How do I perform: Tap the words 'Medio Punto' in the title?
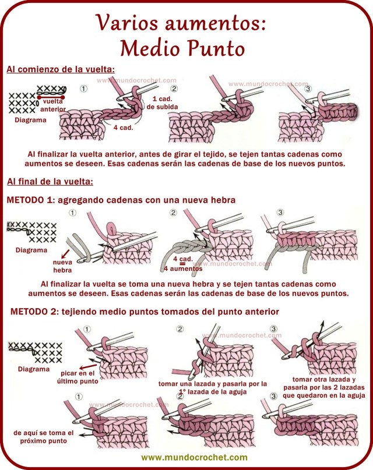pos(180,46)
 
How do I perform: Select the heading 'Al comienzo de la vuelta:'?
pos(61,69)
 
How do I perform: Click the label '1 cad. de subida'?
pos(158,103)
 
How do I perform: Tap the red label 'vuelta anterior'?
pos(53,105)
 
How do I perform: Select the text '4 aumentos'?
pos(183,268)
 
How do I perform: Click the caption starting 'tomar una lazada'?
pos(212,388)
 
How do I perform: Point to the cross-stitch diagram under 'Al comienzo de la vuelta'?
pos(22,103)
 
